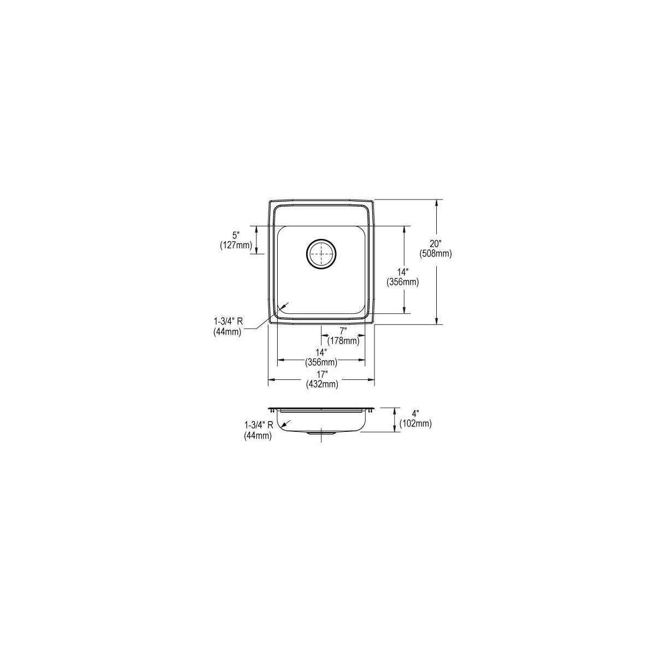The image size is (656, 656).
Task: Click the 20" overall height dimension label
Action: point(435,244)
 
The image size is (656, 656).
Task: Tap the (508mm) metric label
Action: point(435,254)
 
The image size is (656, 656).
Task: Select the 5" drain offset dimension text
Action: point(236,235)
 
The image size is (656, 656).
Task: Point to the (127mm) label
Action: point(236,245)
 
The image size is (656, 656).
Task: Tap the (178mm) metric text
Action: point(343,341)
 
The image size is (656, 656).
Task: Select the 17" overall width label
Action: point(321,374)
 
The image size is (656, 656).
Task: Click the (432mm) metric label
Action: point(321,384)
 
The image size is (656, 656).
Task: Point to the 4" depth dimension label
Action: point(415,414)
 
